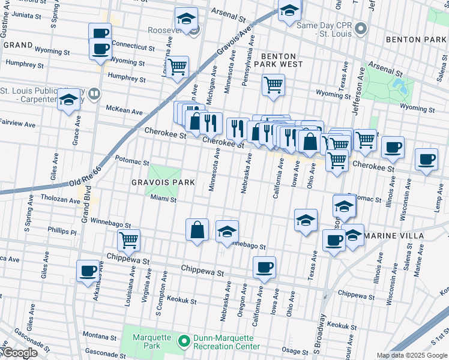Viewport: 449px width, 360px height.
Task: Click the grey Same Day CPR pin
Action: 361,28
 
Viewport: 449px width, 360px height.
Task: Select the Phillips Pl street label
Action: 63,231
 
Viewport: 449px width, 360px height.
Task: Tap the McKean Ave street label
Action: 124,111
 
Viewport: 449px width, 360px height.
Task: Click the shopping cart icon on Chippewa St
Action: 129,240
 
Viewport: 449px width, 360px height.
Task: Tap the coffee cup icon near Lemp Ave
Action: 426,159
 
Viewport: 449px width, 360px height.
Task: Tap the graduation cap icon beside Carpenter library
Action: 70,98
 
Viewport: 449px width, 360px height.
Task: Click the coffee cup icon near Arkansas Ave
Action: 88,271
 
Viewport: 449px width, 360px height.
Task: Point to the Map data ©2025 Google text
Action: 411,355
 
